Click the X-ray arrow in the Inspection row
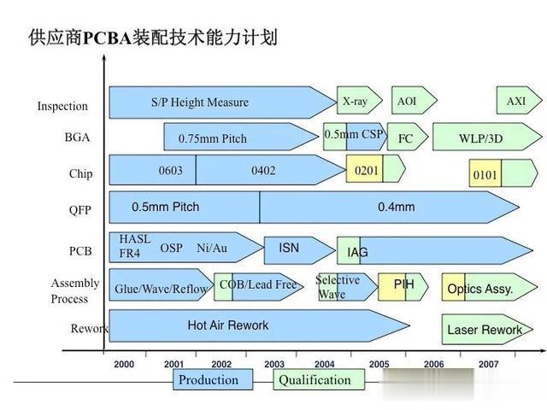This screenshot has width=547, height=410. [x=359, y=101]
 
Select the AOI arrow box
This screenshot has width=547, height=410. [x=414, y=101]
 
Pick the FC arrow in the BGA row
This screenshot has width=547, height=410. [x=408, y=137]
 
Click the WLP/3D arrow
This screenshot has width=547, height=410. [x=487, y=137]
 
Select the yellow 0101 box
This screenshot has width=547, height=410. [x=485, y=173]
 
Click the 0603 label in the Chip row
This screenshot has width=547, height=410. [x=171, y=171]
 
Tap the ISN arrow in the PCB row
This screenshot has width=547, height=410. [x=299, y=250]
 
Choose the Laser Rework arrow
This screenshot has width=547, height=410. [x=487, y=330]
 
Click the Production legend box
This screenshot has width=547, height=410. [x=213, y=379]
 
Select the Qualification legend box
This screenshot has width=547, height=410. [x=319, y=379]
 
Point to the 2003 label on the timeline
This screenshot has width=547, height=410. [x=274, y=365]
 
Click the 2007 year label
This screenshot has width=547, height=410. [x=488, y=365]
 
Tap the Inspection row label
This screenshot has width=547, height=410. [x=62, y=106]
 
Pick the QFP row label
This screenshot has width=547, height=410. [x=79, y=210]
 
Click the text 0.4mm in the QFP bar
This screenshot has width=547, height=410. [x=397, y=207]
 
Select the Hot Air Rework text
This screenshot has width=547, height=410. [x=228, y=325]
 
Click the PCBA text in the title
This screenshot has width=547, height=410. [x=108, y=38]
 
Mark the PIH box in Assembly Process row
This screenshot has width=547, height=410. [x=403, y=287]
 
